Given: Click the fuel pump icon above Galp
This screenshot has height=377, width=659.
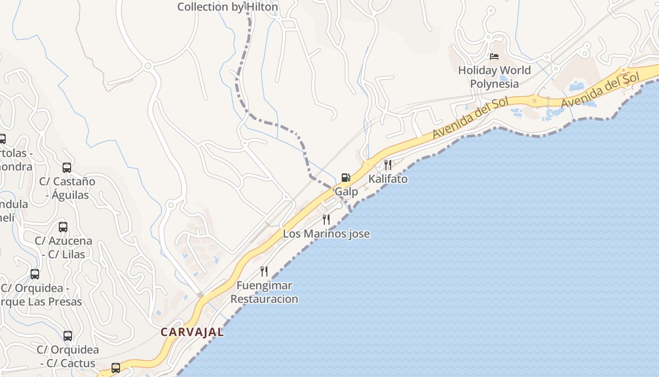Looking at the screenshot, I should tap(346, 178).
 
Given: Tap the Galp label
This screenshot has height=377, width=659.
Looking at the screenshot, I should tap(346, 192).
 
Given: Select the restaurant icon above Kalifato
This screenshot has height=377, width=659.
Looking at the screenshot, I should tap(387, 164).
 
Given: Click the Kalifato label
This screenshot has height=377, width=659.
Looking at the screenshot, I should tap(388, 179).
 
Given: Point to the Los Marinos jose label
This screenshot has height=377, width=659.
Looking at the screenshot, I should tap(326, 234).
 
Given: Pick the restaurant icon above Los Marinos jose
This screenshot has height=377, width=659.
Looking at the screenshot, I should tap(326, 219).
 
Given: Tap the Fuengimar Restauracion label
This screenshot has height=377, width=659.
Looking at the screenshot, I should tap(264, 292).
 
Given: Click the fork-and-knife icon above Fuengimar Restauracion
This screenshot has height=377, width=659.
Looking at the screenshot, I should tap(264, 271).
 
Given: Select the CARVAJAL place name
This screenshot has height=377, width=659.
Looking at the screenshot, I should tap(192, 332).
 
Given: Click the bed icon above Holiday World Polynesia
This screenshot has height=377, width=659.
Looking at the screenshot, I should tap(494, 57).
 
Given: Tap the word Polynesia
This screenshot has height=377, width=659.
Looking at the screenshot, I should tap(494, 84).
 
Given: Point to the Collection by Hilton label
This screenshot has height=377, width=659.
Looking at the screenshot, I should tap(228, 7).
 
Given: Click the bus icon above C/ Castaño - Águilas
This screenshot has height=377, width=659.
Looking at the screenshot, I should tap(67, 167).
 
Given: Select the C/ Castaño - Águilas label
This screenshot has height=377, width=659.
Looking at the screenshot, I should tap(67, 188).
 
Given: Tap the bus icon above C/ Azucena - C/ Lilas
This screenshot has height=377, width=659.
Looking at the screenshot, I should tap(63, 227).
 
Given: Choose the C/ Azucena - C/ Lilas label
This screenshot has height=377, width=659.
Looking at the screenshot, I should tap(63, 247).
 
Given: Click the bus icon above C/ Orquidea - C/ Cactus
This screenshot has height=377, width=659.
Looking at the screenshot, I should tap(68, 336).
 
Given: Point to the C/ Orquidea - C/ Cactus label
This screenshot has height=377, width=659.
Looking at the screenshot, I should tap(68, 357).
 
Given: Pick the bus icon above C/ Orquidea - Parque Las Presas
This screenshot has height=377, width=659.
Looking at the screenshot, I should tap(35, 274).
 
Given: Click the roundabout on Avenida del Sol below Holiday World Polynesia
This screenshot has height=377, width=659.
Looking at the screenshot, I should tap(534, 100).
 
